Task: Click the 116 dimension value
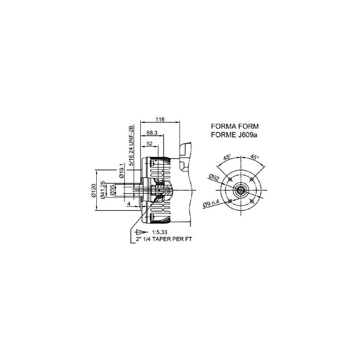pyautogui.click(x=160, y=119)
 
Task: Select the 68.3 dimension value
pyautogui.click(x=152, y=133)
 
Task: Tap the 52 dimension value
pyautogui.click(x=149, y=144)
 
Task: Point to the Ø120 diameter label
pyautogui.click(x=94, y=190)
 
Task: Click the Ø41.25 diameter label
pyautogui.click(x=103, y=189)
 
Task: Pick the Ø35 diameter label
pyautogui.click(x=112, y=190)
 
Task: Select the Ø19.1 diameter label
pyautogui.click(x=121, y=171)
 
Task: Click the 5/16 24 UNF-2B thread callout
pyautogui.click(x=131, y=145)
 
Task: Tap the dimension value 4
pyautogui.click(x=129, y=204)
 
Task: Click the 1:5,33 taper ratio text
pyautogui.click(x=160, y=232)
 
